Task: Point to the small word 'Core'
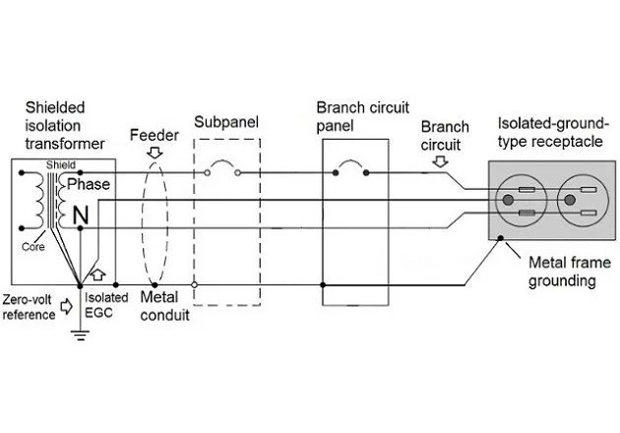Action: (33, 247)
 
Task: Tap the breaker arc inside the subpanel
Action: (221, 165)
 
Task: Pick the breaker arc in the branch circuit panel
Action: (350, 165)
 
